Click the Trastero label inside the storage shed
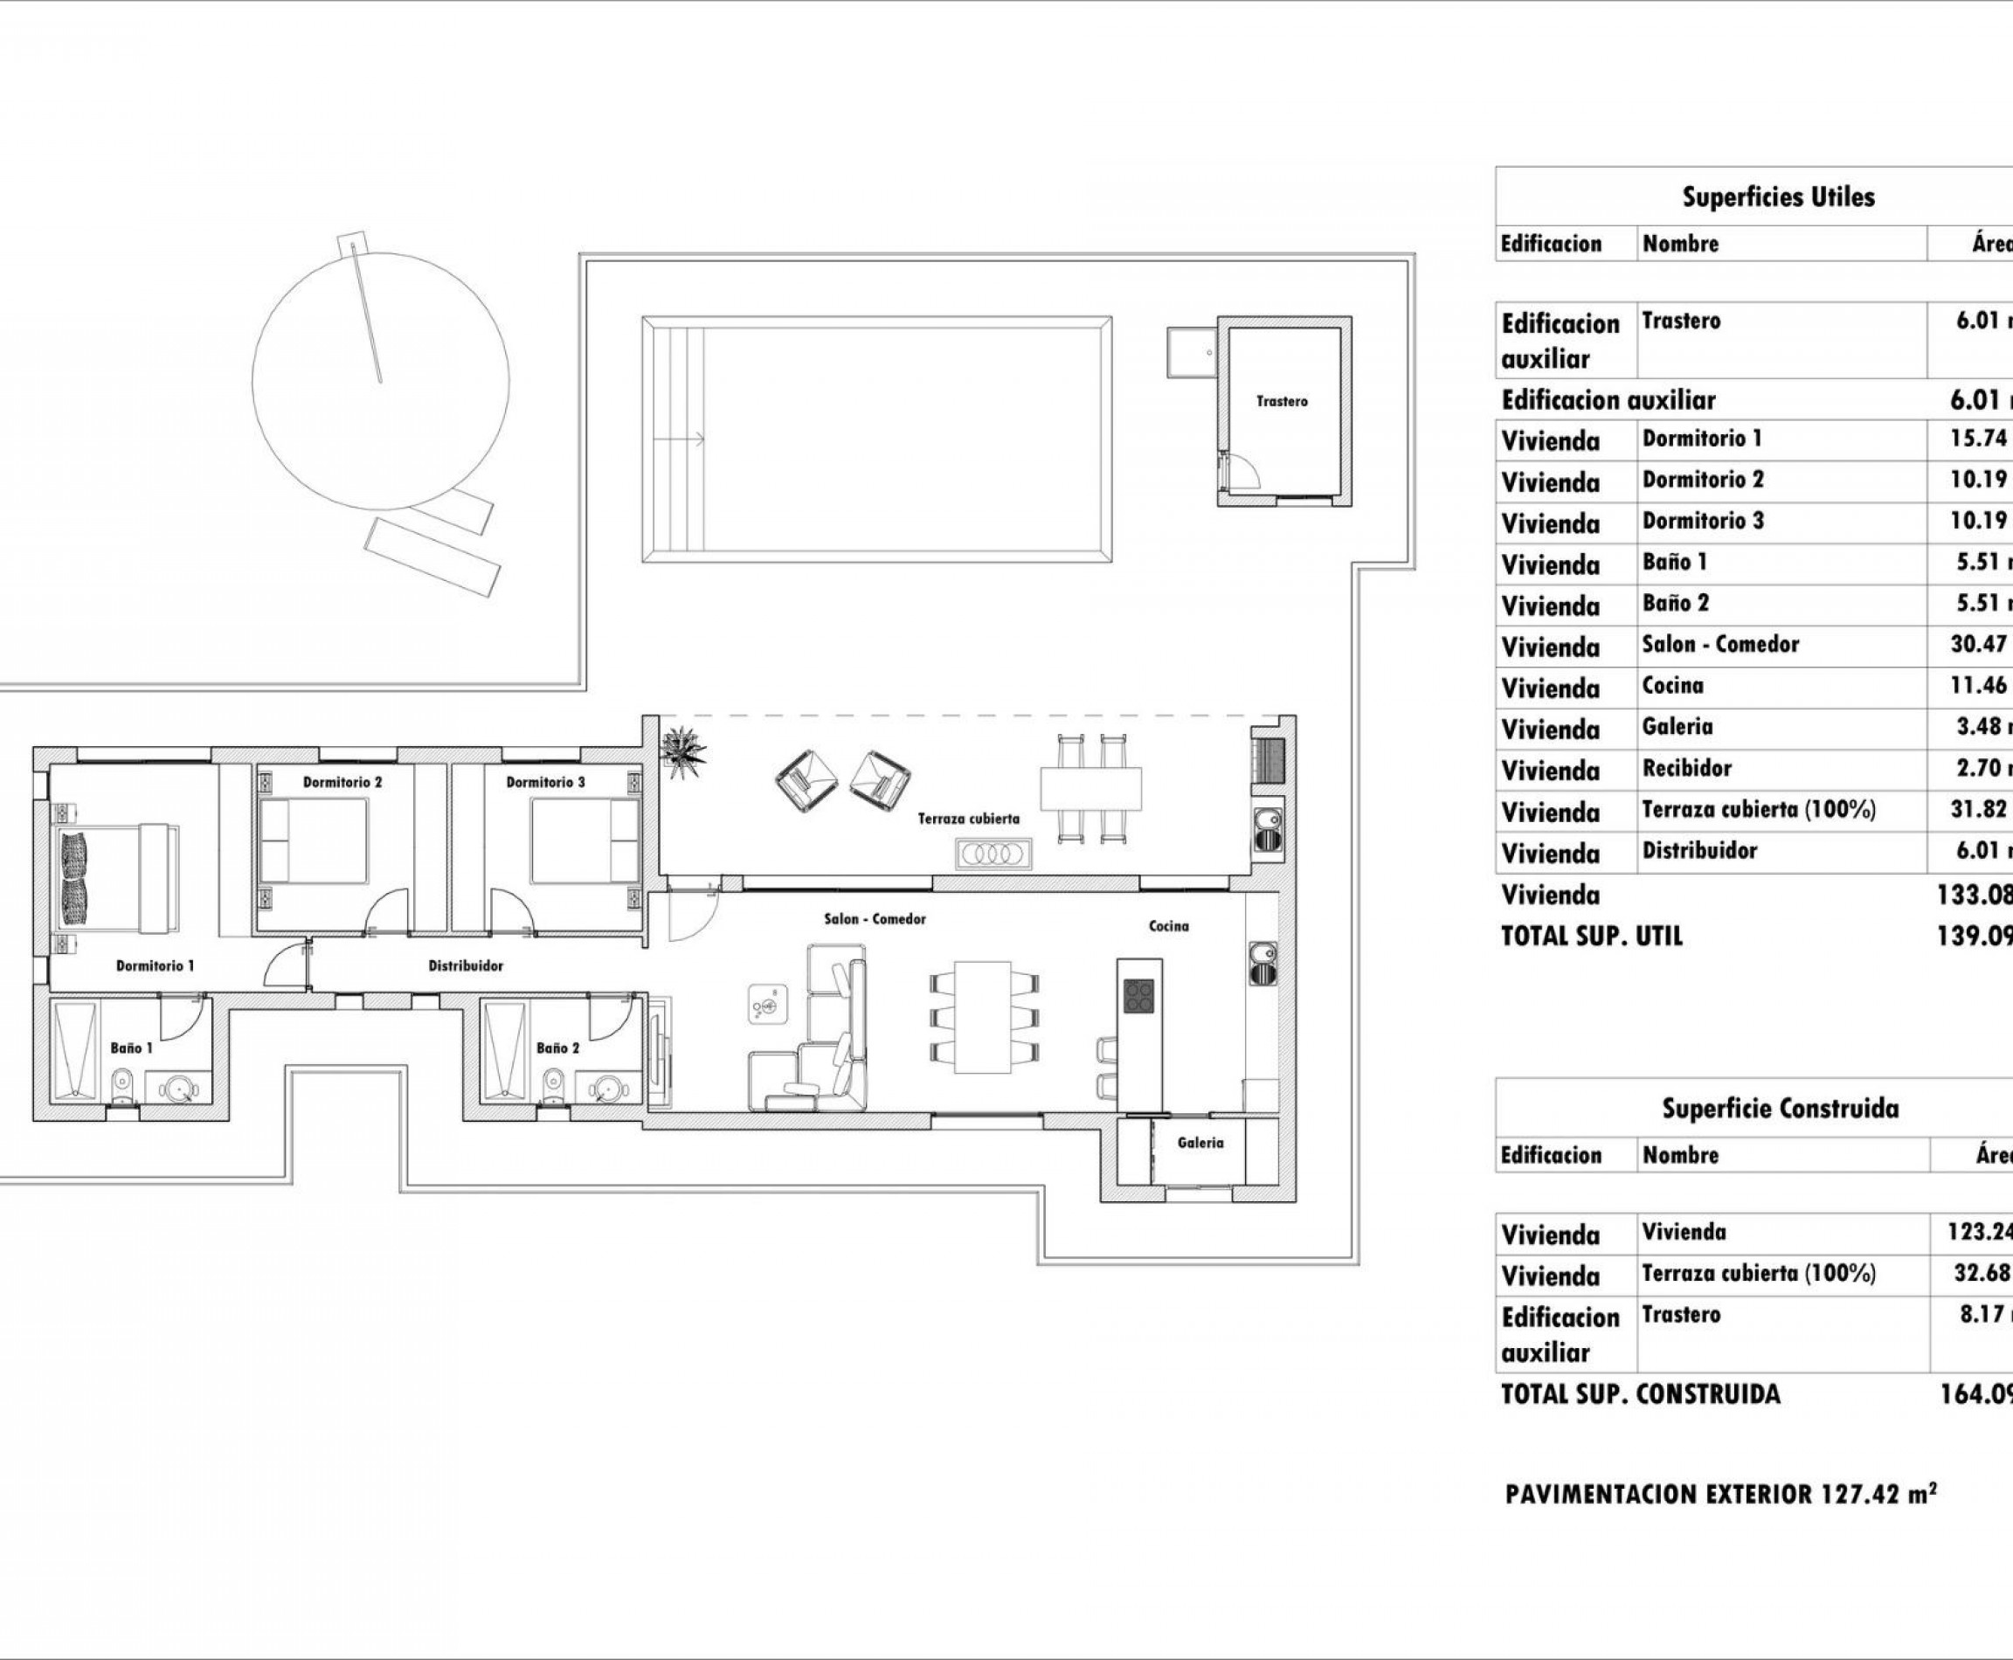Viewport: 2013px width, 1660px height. click(1282, 402)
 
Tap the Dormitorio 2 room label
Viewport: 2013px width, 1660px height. click(342, 782)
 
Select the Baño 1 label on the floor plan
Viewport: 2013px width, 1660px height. click(131, 1048)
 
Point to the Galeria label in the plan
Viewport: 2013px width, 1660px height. click(1200, 1143)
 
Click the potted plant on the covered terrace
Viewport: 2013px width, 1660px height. click(686, 750)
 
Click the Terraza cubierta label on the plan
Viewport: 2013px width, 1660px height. click(969, 819)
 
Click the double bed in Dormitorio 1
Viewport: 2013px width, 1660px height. click(114, 876)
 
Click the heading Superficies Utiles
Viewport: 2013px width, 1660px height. click(1778, 198)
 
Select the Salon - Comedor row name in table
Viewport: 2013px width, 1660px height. click(1720, 645)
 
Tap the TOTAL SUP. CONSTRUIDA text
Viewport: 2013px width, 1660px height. click(1640, 1394)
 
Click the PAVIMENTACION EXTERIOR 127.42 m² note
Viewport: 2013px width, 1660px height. click(1719, 1495)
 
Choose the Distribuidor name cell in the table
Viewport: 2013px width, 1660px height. click(1699, 851)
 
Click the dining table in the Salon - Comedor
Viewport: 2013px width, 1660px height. click(982, 1019)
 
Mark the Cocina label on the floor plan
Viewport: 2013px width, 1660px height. click(1169, 925)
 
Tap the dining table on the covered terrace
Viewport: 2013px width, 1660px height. click(1091, 789)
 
